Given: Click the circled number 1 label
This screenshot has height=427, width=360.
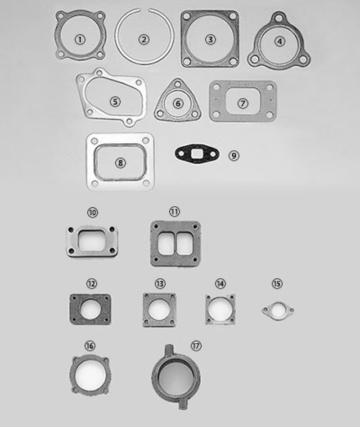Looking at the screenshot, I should [80, 40].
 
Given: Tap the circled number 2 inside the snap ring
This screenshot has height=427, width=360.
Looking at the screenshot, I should [144, 40].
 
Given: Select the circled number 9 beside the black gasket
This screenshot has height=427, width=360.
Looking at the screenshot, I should [233, 155].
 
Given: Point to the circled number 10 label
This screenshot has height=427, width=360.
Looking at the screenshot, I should [92, 212].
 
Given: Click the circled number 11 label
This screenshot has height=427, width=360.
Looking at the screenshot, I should [175, 212].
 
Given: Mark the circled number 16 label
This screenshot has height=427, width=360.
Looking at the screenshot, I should [90, 346].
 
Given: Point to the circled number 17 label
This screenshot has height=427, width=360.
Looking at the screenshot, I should [196, 346].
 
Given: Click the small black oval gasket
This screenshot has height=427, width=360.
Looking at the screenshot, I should [197, 154].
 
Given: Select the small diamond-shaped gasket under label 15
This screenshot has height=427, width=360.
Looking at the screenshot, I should [278, 311].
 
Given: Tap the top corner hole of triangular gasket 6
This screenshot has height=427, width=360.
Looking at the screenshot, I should [179, 85].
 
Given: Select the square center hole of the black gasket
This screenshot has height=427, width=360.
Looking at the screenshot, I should [197, 154].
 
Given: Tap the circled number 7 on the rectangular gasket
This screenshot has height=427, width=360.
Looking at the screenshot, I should [243, 103].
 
